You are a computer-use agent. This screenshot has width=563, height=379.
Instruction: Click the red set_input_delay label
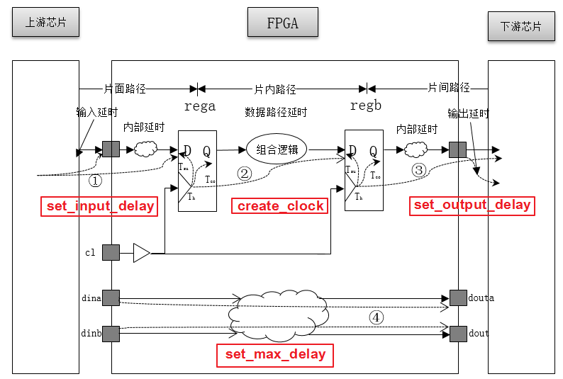point(101,206)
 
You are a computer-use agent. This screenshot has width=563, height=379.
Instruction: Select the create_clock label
point(280,206)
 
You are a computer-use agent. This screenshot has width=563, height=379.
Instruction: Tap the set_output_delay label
point(472,205)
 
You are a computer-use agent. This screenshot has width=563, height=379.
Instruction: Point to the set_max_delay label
point(275,354)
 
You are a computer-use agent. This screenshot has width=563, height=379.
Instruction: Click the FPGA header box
point(282,23)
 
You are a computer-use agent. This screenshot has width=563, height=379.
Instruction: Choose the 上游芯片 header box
point(45,23)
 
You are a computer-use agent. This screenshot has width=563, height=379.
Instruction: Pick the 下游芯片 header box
point(521,27)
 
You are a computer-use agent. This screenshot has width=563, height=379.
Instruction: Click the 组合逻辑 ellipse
point(277,149)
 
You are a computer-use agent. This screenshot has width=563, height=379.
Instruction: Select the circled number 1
point(95,180)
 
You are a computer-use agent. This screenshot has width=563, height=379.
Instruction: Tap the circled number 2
point(244,172)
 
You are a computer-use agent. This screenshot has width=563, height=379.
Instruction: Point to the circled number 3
point(418,170)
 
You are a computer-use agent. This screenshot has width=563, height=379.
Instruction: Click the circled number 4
point(377,317)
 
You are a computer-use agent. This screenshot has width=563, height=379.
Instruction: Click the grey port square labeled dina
point(111,298)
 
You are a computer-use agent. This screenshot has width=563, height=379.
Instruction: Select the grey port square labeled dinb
point(111,333)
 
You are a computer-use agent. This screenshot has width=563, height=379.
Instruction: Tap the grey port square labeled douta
point(457,298)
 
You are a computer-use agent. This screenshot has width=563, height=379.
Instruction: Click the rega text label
point(200,106)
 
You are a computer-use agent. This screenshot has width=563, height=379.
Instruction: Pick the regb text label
point(366,106)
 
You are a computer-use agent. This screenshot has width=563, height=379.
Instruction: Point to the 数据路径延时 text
point(276,112)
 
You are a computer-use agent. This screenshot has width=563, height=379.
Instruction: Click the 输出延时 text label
point(468,113)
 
